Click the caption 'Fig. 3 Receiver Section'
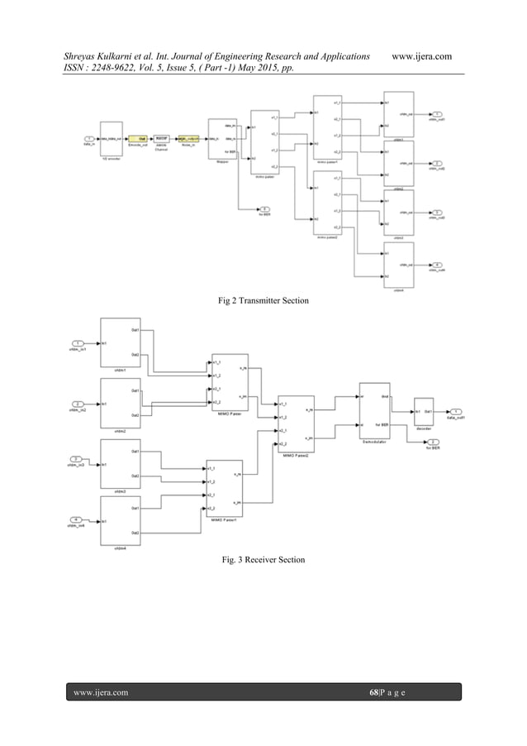(x=262, y=560)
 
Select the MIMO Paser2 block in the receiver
(x=296, y=423)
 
